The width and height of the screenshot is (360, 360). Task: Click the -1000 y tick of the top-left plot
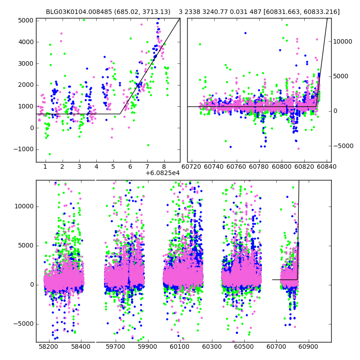click(23, 149)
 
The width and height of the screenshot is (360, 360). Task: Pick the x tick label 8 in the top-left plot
click(164, 167)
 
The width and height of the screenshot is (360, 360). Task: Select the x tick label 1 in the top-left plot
click(45, 167)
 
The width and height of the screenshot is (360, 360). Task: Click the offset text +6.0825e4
click(162, 173)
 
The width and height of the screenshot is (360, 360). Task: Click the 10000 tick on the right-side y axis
click(343, 41)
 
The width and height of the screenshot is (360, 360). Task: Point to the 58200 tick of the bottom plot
click(48, 347)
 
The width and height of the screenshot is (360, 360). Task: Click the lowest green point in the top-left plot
click(49, 154)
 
